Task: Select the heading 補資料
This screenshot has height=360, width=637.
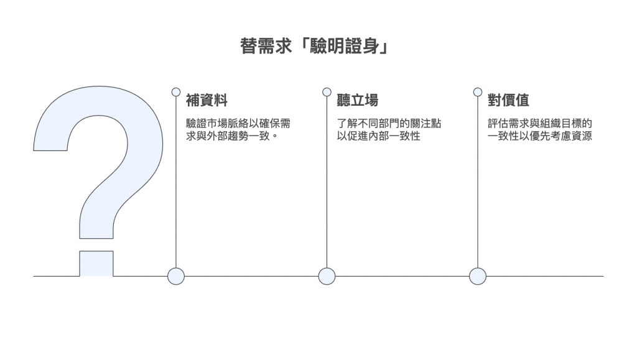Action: pos(207,101)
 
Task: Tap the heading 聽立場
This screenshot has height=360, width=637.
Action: pos(357,101)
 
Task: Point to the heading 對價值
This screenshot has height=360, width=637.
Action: pos(508,101)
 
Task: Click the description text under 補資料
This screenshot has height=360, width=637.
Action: pos(238,129)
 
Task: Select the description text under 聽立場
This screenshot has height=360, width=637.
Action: pos(389,129)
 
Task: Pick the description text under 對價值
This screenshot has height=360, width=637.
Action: pos(539,129)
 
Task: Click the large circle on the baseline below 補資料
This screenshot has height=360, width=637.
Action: pos(176,276)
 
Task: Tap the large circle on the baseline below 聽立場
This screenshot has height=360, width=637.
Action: pos(327,276)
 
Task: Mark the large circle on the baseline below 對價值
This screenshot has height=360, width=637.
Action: pos(477,276)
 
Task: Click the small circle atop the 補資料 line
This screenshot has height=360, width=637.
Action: pos(176,92)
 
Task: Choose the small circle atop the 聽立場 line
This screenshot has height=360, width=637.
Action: pos(327,92)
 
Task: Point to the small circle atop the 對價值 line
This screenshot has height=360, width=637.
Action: pos(477,92)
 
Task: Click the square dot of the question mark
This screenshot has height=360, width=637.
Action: pos(96,264)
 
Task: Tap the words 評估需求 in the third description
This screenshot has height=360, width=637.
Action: pos(508,124)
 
